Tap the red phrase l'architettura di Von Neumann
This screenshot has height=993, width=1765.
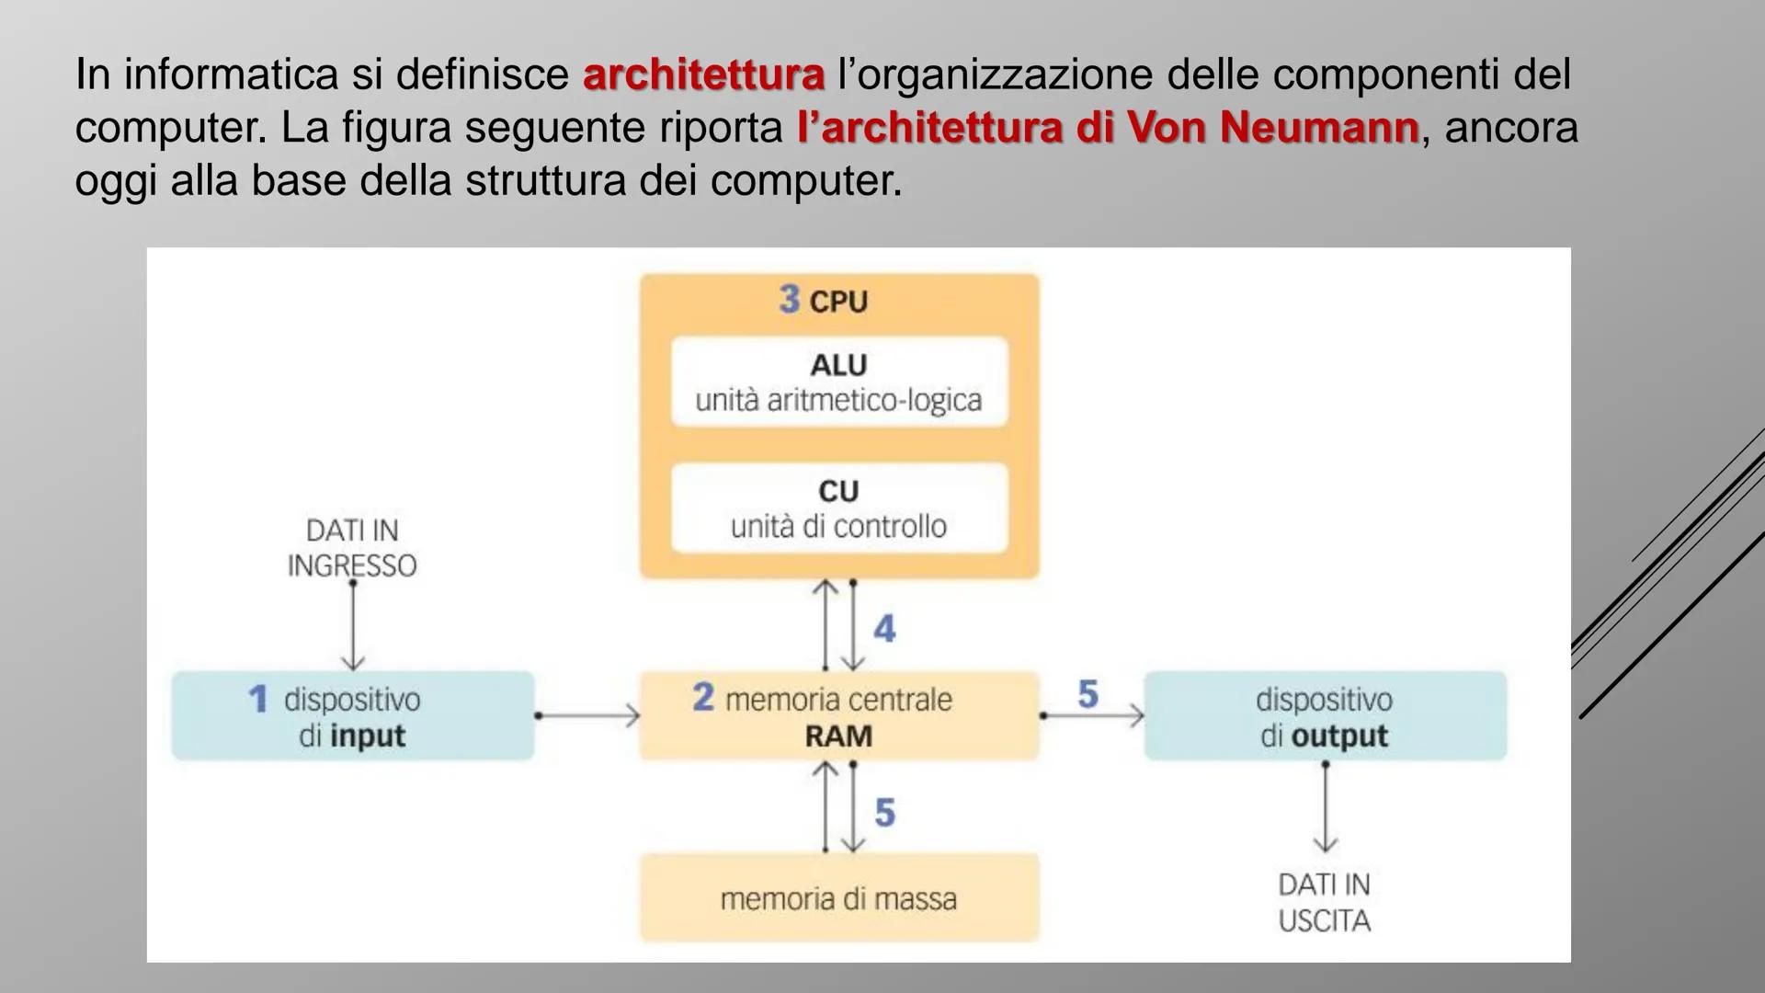point(1108,128)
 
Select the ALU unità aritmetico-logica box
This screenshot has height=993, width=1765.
point(838,382)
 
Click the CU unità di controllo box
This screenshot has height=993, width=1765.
point(838,508)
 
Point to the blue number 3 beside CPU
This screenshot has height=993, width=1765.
point(789,299)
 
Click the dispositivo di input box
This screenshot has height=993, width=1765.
point(352,716)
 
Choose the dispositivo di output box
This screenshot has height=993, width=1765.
point(1324,716)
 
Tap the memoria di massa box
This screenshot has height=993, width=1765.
point(838,898)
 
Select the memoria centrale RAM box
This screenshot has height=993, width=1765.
point(838,716)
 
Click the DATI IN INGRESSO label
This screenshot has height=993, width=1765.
point(352,548)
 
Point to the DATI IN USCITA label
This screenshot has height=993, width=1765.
point(1324,902)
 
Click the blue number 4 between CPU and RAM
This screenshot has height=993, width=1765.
point(884,629)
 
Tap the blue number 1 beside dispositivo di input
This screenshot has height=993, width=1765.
point(258,699)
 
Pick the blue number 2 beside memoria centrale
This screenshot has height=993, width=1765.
point(703,697)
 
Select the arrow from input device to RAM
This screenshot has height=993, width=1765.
point(587,714)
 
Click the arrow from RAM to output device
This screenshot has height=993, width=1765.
point(1093,714)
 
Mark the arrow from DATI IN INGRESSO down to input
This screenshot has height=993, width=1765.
point(353,625)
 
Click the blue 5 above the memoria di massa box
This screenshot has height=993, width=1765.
point(884,813)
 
